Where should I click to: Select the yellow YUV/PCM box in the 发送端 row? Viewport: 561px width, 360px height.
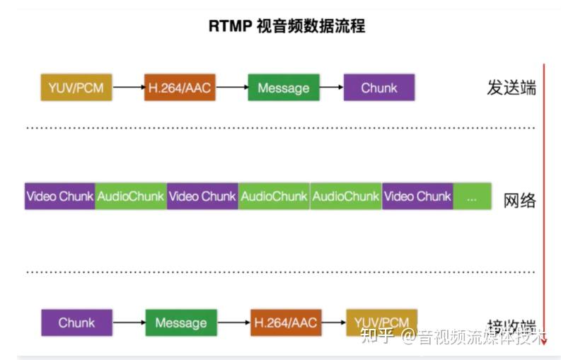pyautogui.click(x=76, y=88)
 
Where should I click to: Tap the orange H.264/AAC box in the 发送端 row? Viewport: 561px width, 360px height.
pyautogui.click(x=180, y=88)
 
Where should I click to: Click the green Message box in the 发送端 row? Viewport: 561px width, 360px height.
pyautogui.click(x=283, y=88)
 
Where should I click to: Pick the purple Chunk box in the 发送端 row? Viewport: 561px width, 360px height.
pyautogui.click(x=378, y=88)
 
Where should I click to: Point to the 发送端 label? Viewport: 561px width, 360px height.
pyautogui.click(x=511, y=88)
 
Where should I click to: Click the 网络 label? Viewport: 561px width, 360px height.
pyautogui.click(x=520, y=199)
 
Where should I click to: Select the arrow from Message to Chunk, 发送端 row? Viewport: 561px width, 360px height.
pyautogui.click(x=331, y=88)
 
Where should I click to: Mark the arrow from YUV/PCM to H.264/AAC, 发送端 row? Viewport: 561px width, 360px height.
pyautogui.click(x=128, y=88)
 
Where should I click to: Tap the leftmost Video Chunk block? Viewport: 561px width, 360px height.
pyautogui.click(x=60, y=196)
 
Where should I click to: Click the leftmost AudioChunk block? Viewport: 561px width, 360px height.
pyautogui.click(x=131, y=196)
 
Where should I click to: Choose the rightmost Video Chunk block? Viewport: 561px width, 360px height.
pyautogui.click(x=417, y=196)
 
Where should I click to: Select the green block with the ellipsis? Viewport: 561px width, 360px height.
pyautogui.click(x=472, y=196)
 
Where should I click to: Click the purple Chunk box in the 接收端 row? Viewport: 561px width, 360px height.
pyautogui.click(x=76, y=323)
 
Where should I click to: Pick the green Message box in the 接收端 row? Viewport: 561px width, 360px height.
pyautogui.click(x=180, y=323)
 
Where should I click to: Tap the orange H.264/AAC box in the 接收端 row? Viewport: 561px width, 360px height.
pyautogui.click(x=284, y=323)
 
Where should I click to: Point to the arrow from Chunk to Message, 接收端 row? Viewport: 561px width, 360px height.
pyautogui.click(x=129, y=323)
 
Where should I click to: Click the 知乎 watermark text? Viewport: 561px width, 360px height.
pyautogui.click(x=376, y=335)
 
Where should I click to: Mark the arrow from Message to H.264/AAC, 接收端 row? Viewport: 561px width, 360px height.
pyautogui.click(x=233, y=323)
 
